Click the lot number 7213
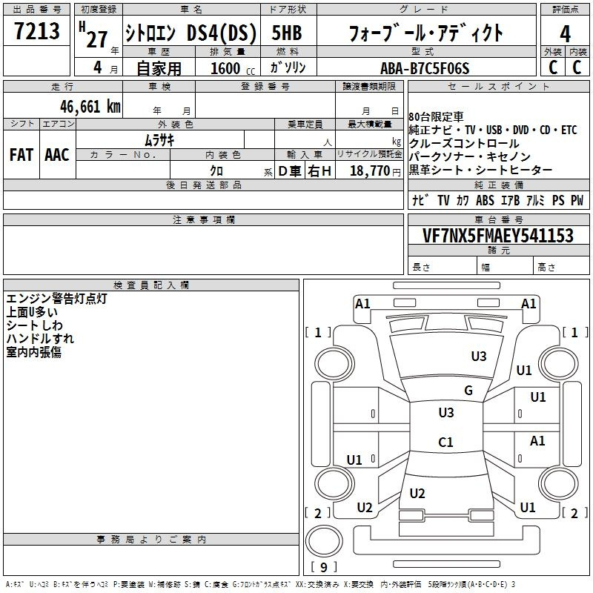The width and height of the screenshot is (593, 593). click(36, 30)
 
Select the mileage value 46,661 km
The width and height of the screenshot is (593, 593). click(90, 107)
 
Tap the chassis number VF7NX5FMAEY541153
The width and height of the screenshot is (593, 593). click(498, 235)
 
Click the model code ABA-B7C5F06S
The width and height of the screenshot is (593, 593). click(425, 68)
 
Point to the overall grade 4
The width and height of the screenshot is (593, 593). click(565, 34)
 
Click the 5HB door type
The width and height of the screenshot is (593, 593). click(287, 33)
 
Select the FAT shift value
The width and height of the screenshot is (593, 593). click(21, 155)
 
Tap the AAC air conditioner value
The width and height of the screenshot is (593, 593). click(57, 155)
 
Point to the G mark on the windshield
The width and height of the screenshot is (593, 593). click(468, 390)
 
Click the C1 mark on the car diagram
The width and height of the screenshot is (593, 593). click(445, 442)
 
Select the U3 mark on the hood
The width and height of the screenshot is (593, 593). click(479, 356)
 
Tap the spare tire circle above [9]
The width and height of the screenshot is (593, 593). click(324, 542)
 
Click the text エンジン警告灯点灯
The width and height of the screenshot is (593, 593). click(57, 299)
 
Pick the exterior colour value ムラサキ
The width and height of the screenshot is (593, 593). click(159, 140)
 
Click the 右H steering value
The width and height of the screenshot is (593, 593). click(319, 171)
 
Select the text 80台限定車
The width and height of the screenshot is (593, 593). click(436, 116)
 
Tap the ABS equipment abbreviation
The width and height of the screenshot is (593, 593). click(485, 200)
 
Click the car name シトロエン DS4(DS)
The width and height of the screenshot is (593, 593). click(191, 33)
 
